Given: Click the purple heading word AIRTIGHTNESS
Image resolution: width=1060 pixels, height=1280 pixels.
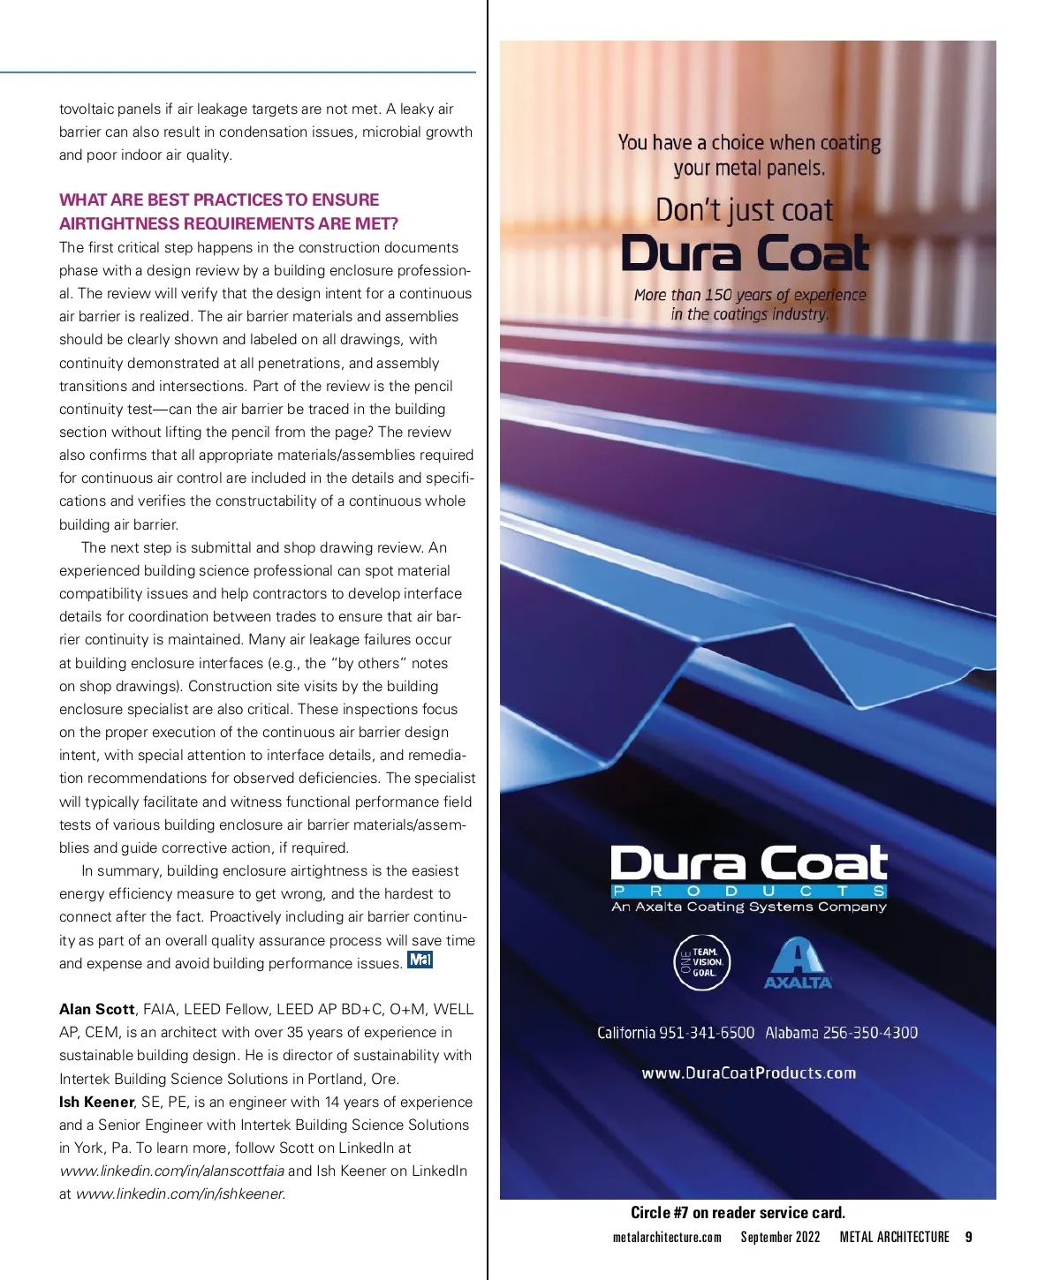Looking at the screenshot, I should pos(114,223).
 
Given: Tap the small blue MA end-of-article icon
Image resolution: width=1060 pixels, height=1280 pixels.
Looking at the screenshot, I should pos(420,960).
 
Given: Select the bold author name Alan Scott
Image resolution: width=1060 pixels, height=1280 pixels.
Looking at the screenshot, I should pos(96,1009).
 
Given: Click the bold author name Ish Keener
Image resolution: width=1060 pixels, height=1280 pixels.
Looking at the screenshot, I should pos(96,1102).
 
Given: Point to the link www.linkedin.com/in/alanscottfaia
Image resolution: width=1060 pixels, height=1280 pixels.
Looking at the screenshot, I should pos(171,1171).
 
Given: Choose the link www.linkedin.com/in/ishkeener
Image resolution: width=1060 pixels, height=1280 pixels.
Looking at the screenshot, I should pos(180,1193).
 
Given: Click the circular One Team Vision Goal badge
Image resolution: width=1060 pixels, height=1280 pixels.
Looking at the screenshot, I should pos(702,962).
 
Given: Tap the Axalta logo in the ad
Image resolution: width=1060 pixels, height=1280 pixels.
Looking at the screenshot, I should pos(798,963).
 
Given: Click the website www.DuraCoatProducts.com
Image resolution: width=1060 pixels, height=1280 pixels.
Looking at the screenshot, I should pos(749,1073).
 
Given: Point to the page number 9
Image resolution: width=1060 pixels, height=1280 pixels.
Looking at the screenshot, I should pos(968,1237).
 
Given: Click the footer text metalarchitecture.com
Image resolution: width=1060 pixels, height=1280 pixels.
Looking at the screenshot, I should pos(667,1237).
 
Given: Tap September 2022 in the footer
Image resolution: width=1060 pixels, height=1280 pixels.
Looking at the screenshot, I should pos(780,1237).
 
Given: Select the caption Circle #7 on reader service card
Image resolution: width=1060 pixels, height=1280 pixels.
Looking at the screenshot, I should pos(738,1213).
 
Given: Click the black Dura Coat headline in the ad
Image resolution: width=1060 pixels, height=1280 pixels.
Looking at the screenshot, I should pos(746,253).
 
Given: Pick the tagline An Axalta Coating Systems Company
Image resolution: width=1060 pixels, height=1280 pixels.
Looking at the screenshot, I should pos(749,907).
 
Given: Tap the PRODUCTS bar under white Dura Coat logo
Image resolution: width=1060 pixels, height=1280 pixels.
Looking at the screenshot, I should pos(749,891).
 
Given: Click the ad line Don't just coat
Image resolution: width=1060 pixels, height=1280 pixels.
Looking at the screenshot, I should pos(745,210).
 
